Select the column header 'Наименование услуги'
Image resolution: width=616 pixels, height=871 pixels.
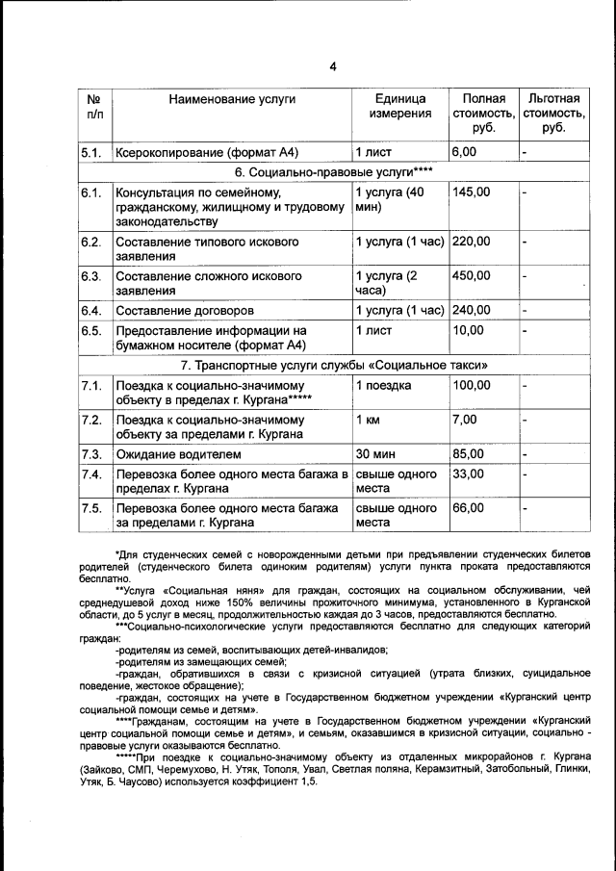232,99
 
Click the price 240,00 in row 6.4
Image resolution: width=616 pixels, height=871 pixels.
471,310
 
